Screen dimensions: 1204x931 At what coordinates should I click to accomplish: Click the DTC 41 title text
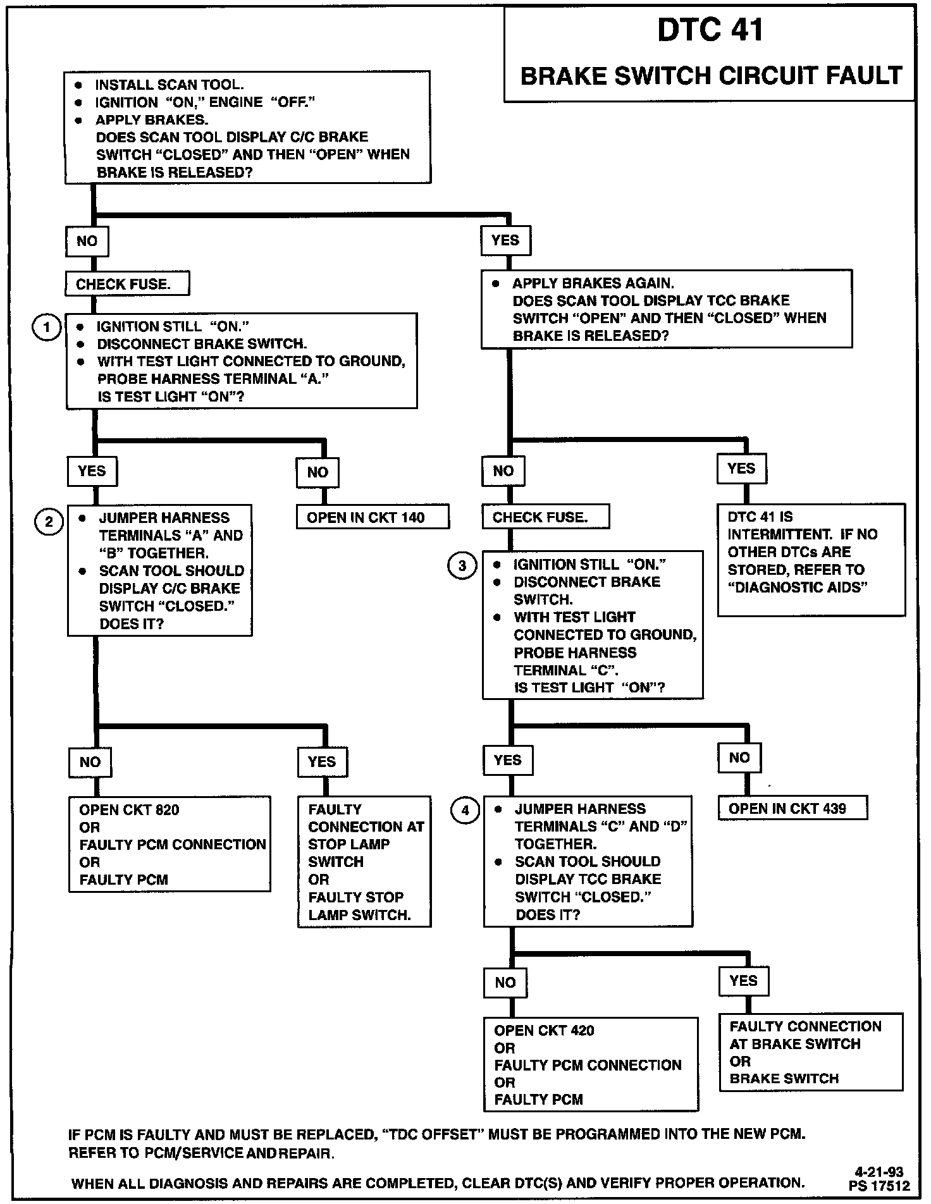coord(710,30)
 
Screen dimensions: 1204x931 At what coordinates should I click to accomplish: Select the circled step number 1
coord(47,327)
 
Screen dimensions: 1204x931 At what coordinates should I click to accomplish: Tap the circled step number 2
coord(49,522)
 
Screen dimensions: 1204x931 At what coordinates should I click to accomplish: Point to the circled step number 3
coord(462,565)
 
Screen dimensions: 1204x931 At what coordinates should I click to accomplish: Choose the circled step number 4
coord(465,810)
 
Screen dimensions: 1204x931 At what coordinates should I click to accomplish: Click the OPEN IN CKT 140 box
coord(373,517)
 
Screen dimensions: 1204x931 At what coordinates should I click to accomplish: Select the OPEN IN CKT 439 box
coord(792,808)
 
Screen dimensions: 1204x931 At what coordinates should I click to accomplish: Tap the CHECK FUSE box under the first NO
coord(126,284)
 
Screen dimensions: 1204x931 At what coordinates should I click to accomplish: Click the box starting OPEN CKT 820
coord(170,844)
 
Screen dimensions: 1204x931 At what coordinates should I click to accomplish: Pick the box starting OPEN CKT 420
coord(591,1064)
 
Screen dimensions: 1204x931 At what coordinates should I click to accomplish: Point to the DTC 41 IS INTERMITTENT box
coord(811,560)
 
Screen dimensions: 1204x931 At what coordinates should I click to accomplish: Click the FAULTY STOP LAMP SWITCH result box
coord(364,861)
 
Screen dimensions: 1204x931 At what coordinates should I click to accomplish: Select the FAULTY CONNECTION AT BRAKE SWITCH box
coord(811,1052)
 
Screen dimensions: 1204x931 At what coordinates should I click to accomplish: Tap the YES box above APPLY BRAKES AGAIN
coord(505,241)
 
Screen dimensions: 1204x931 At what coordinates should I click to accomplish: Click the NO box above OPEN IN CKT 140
coord(318,472)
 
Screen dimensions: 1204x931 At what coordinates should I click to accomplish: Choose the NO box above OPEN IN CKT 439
coord(739,758)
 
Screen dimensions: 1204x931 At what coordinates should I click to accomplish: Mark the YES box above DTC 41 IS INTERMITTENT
coord(741,469)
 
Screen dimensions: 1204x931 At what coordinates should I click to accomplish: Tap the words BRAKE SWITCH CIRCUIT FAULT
coord(710,77)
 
